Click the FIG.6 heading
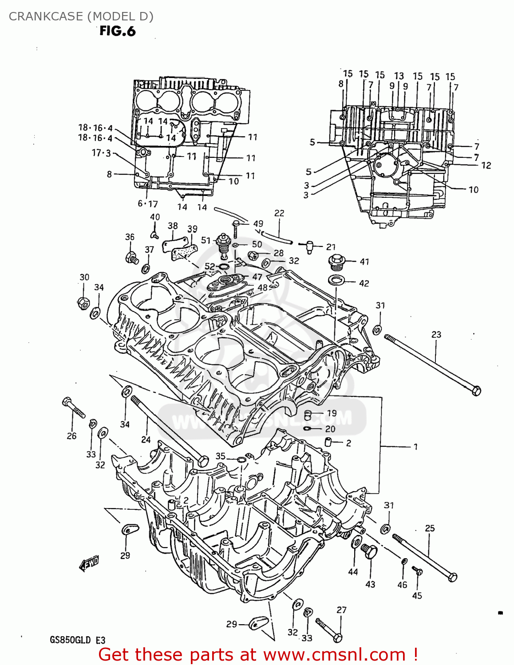click(117, 31)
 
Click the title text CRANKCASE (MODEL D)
click(81, 16)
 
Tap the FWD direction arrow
click(89, 563)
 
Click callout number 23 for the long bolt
click(436, 334)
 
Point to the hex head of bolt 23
click(475, 391)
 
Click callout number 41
click(364, 262)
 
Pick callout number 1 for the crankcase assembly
click(415, 447)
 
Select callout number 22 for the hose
click(279, 213)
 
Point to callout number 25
click(430, 528)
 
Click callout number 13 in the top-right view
click(399, 76)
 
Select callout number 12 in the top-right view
click(486, 165)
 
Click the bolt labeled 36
click(132, 257)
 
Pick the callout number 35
click(221, 456)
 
